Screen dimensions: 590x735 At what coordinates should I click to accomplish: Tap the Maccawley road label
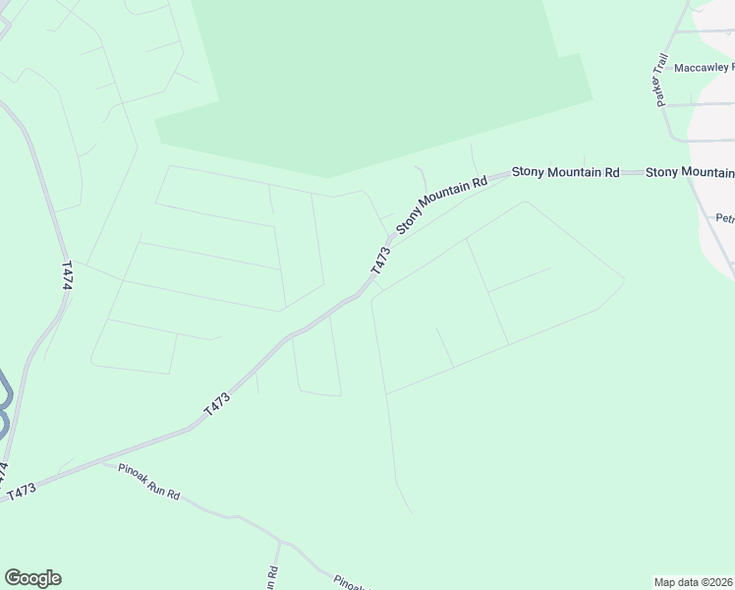(704, 68)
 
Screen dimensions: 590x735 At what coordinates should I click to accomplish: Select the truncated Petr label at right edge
(725, 218)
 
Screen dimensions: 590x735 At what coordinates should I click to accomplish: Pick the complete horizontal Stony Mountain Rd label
(565, 172)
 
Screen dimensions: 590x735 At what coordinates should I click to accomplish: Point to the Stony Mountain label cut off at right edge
(690, 173)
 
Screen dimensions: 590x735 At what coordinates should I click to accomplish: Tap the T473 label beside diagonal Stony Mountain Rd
(381, 260)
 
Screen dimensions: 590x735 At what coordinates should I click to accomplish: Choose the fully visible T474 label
(67, 274)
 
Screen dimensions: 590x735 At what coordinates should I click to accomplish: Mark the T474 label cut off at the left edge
(4, 474)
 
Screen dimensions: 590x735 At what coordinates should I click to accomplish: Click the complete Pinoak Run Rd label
(147, 482)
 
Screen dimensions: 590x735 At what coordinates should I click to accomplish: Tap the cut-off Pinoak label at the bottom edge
(350, 582)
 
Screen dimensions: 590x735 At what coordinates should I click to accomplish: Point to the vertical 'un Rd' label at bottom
(270, 578)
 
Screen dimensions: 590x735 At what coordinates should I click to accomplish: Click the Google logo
(32, 578)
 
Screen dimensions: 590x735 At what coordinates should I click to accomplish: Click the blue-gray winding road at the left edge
(4, 403)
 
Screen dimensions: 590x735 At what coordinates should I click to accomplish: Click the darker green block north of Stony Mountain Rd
(373, 79)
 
